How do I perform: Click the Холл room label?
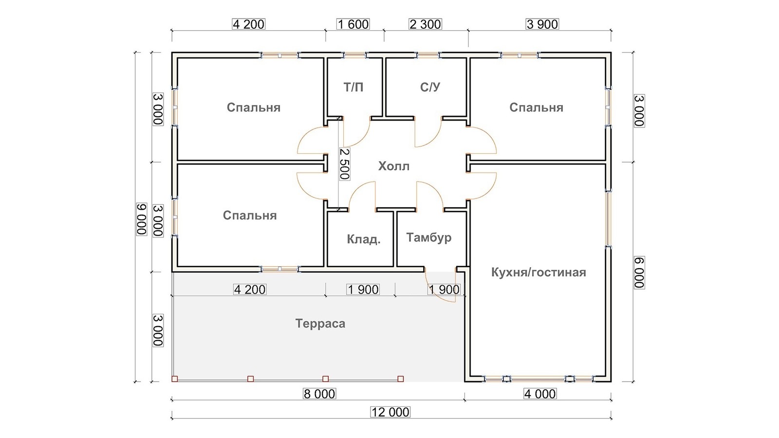pos(394,166)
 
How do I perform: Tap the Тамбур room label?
pos(429,237)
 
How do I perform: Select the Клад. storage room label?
pos(364,239)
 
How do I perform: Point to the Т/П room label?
pos(353,87)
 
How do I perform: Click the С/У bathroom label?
pos(430,87)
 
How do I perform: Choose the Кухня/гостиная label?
pos(538,272)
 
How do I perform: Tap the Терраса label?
pos(320,324)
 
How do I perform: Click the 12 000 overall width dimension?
pos(390,412)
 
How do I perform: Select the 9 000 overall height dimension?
pos(142,219)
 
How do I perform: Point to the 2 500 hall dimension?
pos(344,164)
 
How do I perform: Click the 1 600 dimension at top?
pos(353,24)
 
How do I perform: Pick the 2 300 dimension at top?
pos(426,24)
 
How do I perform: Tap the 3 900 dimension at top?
pos(542,24)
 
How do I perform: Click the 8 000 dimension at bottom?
pos(319,394)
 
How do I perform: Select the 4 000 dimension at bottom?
pos(540,394)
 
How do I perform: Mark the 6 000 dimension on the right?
pos(639,273)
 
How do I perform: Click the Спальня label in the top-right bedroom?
pos(536,108)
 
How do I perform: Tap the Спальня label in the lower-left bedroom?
pos(250,216)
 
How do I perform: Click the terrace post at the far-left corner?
pos(175,379)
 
